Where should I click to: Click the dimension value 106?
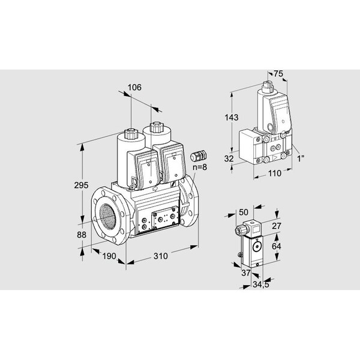pyautogui.click(x=134, y=88)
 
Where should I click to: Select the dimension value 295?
pyautogui.click(x=81, y=185)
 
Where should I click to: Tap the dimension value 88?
pyautogui.click(x=82, y=235)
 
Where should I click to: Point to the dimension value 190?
pyautogui.click(x=109, y=256)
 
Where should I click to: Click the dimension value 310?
pyautogui.click(x=160, y=256)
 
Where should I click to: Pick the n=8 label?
pyautogui.click(x=200, y=167)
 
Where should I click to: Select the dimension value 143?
pyautogui.click(x=232, y=118)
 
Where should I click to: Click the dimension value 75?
pyautogui.click(x=278, y=74)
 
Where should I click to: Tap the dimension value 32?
pyautogui.click(x=229, y=158)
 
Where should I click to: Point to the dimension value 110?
pyautogui.click(x=275, y=173)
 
